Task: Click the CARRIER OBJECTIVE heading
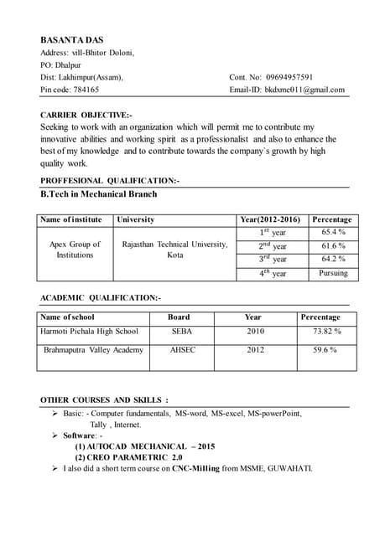tap(86, 114)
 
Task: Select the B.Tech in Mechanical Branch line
tap(99, 193)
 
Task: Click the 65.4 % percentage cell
tap(333, 231)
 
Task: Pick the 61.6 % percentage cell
tap(333, 245)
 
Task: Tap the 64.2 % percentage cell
tap(333, 259)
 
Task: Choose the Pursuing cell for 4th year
tap(333, 273)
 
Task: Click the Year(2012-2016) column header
tap(270, 219)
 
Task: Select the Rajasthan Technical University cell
tap(174, 249)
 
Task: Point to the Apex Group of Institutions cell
tap(75, 250)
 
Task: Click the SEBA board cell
tap(182, 332)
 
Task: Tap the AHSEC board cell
tap(182, 349)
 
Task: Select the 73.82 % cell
tap(326, 332)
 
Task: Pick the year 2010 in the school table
tap(255, 332)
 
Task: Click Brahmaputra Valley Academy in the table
tap(93, 349)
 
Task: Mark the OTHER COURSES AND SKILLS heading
tap(104, 399)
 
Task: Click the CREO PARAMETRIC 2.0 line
tap(128, 457)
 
